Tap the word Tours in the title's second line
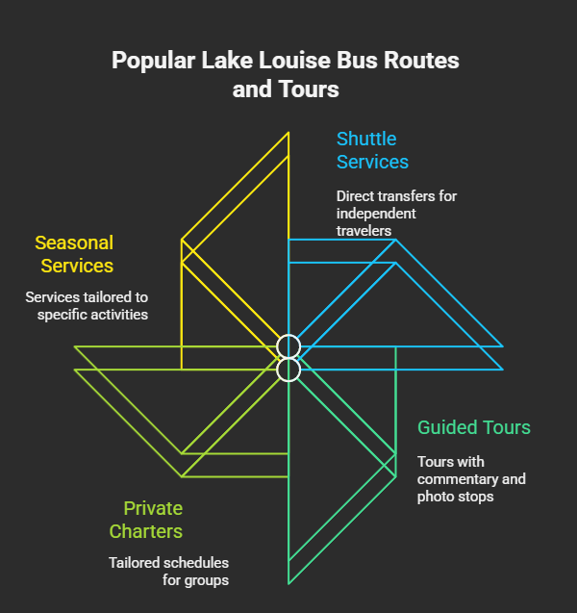pyautogui.click(x=308, y=89)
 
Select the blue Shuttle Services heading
pyautogui.click(x=372, y=150)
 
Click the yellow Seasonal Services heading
pyautogui.click(x=75, y=254)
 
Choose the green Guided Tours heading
pyautogui.click(x=473, y=427)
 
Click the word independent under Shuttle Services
pyautogui.click(x=376, y=213)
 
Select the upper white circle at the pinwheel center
pyautogui.click(x=288, y=346)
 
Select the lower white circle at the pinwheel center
pyautogui.click(x=288, y=370)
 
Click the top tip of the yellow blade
pyautogui.click(x=288, y=133)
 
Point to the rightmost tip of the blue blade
pyautogui.click(x=502, y=346)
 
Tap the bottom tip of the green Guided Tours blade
pyautogui.click(x=288, y=583)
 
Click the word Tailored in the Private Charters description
pyautogui.click(x=135, y=562)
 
